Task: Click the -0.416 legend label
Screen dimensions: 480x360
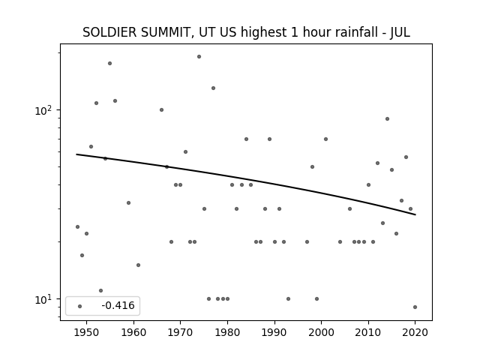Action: [x=118, y=305]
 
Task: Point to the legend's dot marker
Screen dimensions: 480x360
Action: [x=80, y=306]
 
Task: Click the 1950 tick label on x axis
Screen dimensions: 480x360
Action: [x=87, y=332]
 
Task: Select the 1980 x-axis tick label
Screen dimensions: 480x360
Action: [x=227, y=332]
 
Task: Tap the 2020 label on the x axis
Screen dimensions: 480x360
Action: [x=415, y=332]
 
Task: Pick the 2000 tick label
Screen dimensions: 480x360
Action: [x=322, y=332]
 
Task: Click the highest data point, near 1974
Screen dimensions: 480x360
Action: [x=199, y=57]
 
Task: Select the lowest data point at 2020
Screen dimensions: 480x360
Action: [x=415, y=307]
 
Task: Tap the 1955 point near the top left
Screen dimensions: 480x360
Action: [x=110, y=63]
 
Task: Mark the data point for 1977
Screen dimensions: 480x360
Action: [x=213, y=88]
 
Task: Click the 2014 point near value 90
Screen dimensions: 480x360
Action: [x=387, y=118]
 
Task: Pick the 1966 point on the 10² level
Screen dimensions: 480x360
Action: [x=162, y=110]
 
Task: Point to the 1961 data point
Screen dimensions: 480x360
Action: [x=138, y=265]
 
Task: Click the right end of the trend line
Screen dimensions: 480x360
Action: [x=415, y=214]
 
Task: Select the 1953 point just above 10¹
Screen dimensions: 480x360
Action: [x=100, y=290]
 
